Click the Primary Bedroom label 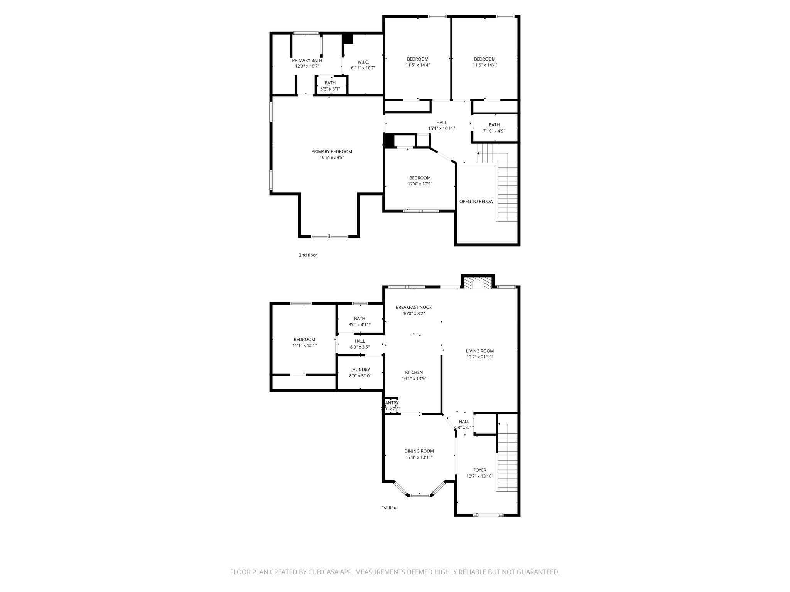pyautogui.click(x=332, y=151)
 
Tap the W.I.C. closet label pyautogui.click(x=363, y=62)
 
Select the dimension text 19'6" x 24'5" pyautogui.click(x=332, y=158)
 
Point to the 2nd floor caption pyautogui.click(x=308, y=255)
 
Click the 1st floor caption pyautogui.click(x=390, y=508)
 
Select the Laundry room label pyautogui.click(x=360, y=370)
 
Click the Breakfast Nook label pyautogui.click(x=414, y=307)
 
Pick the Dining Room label pyautogui.click(x=419, y=451)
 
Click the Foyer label pyautogui.click(x=479, y=470)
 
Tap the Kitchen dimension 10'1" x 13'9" pyautogui.click(x=414, y=378)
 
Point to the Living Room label pyautogui.click(x=479, y=351)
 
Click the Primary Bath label pyautogui.click(x=307, y=60)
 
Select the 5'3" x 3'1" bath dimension pyautogui.click(x=330, y=89)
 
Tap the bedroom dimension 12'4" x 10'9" pyautogui.click(x=420, y=184)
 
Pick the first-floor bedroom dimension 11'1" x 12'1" pyautogui.click(x=304, y=346)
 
